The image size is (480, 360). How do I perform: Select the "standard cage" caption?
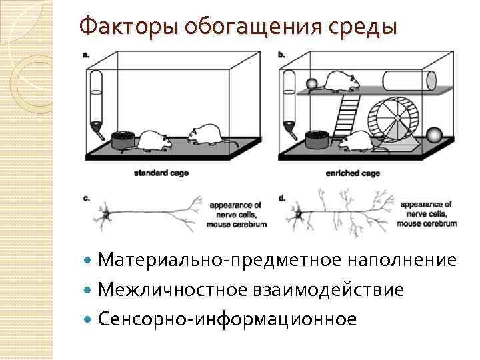(161, 173)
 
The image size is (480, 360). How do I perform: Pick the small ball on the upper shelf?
(311, 84)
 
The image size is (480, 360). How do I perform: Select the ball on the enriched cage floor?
(434, 135)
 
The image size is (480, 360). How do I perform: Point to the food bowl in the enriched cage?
(317, 139)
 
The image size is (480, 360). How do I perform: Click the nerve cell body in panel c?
(105, 214)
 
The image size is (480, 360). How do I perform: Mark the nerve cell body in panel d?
(299, 215)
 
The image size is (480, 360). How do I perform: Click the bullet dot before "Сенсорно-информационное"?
(90, 319)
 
